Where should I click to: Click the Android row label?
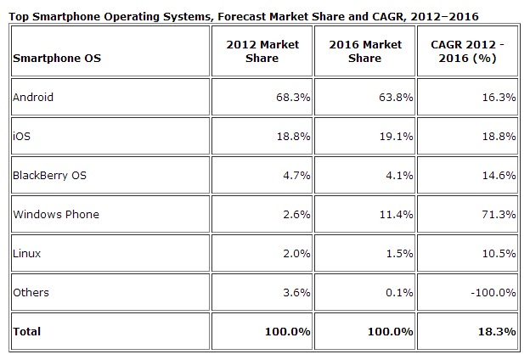point(33,97)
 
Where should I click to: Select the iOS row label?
point(20,136)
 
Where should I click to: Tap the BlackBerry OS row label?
point(49,175)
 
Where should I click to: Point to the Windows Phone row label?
point(55,214)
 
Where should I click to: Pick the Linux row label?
point(26,253)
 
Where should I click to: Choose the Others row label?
point(31,292)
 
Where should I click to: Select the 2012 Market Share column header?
point(262,51)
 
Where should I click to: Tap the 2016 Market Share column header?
point(365,51)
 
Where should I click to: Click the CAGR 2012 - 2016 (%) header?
point(468,51)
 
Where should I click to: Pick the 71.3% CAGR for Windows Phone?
point(499,214)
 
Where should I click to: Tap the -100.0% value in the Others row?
point(493,292)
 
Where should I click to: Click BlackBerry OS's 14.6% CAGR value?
point(499,175)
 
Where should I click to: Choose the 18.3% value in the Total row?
point(498,331)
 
